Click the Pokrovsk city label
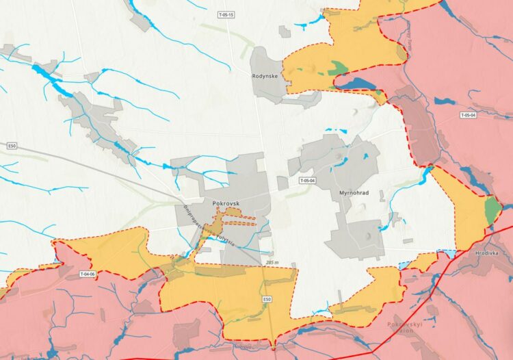pyautogui.click(x=224, y=204)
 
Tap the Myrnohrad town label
pyautogui.click(x=354, y=194)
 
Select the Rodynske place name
pyautogui.click(x=265, y=76)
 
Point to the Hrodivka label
pyautogui.click(x=488, y=253)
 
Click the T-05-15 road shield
pyautogui.click(x=226, y=14)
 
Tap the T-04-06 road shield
pyautogui.click(x=88, y=274)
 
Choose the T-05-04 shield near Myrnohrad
pyautogui.click(x=306, y=181)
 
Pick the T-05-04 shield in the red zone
pyautogui.click(x=468, y=115)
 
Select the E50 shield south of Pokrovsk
pyautogui.click(x=267, y=299)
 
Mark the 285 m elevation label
pyautogui.click(x=273, y=262)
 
